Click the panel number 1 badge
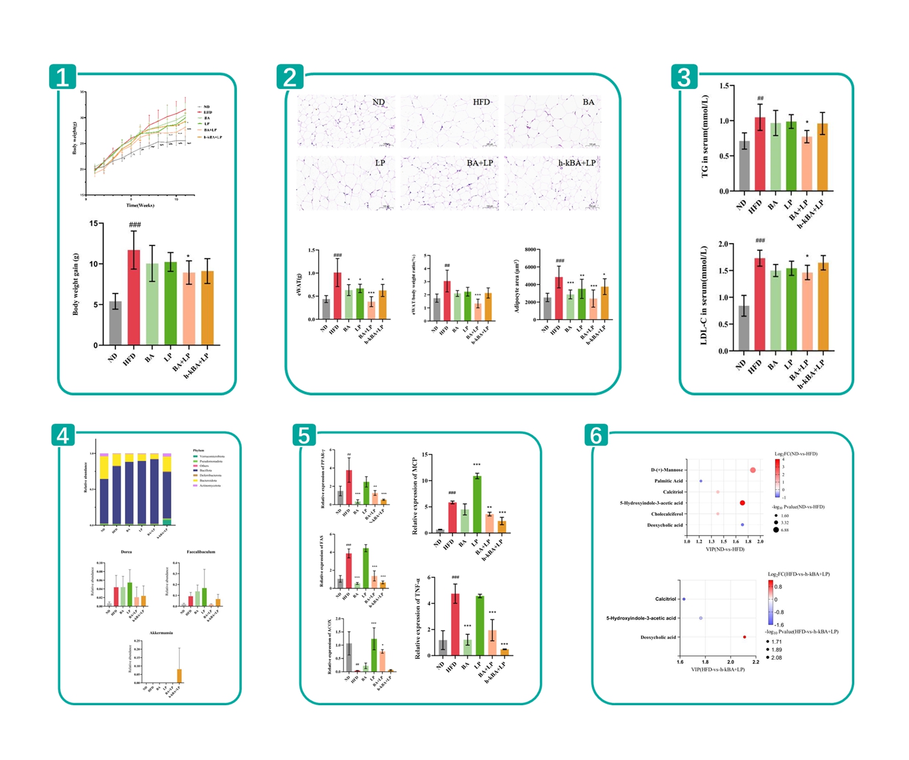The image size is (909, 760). pos(63,77)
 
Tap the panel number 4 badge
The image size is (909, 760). pos(63,435)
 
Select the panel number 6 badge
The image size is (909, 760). pos(596,435)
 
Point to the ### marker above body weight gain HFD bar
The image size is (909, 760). pos(135,224)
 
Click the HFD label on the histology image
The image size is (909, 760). pos(481,102)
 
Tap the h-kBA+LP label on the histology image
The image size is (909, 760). pos(577,163)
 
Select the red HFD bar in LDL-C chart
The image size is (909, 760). pos(760,304)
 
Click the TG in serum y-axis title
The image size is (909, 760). pos(705,137)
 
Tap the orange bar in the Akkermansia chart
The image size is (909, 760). pos(179,676)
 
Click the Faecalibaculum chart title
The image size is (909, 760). pos(201,552)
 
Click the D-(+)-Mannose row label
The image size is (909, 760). pos(667,470)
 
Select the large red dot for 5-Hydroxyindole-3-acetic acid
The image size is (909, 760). pos(742,503)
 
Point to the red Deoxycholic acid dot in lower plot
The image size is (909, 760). pos(744,637)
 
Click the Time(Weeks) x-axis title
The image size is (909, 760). pos(140,205)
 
